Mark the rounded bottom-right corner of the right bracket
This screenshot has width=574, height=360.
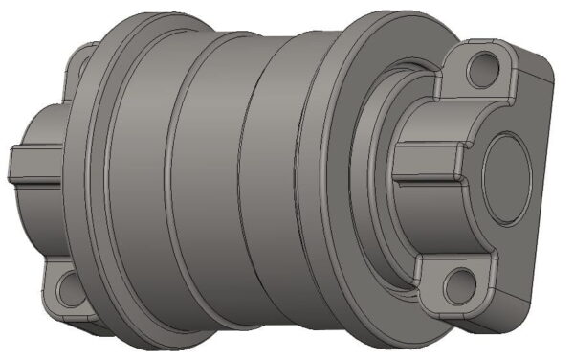pyautogui.click(x=536, y=302)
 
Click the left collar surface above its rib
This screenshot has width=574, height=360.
pyautogui.click(x=38, y=124)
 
